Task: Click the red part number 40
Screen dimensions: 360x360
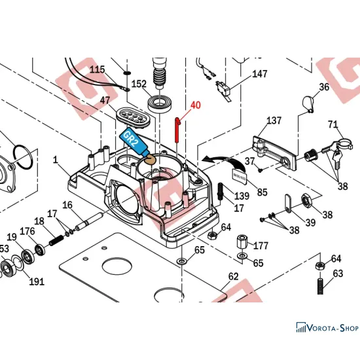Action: click(x=196, y=105)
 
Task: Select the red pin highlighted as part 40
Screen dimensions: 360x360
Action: click(x=177, y=130)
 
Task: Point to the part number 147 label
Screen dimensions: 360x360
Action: click(x=260, y=74)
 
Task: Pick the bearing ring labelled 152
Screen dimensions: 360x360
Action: click(x=159, y=103)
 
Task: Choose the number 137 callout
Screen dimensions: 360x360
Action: click(x=274, y=120)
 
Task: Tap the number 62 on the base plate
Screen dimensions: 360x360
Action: click(x=233, y=276)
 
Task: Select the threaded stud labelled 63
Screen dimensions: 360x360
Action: click(x=320, y=286)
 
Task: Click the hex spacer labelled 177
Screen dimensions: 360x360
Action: click(x=242, y=242)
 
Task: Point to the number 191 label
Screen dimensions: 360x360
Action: click(x=37, y=281)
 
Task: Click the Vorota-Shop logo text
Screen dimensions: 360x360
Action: click(x=327, y=327)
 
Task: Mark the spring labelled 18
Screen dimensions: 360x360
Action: click(x=57, y=240)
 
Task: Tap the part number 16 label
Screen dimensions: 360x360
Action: click(x=67, y=205)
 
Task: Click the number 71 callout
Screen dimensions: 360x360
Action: click(x=333, y=124)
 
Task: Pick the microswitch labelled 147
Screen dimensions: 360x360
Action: click(x=223, y=88)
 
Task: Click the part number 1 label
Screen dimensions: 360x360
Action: click(x=55, y=160)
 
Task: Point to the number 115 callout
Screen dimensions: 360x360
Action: click(x=97, y=69)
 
